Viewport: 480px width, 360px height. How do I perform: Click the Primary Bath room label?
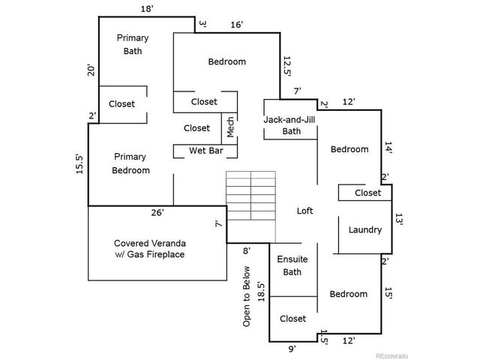point(132,44)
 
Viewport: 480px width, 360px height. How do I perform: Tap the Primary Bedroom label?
point(130,163)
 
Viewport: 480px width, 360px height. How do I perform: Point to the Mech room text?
point(231,127)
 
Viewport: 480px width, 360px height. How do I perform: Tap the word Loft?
point(304,211)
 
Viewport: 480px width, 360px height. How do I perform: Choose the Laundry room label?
point(365,229)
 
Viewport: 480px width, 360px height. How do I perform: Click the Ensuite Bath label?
point(292,265)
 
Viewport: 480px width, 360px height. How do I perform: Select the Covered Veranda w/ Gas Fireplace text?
point(149,249)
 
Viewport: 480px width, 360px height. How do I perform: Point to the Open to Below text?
point(246,295)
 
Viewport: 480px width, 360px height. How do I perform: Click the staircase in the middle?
point(251,196)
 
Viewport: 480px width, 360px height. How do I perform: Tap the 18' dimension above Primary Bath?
point(148,8)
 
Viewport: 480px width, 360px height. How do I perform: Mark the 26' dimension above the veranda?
point(157,213)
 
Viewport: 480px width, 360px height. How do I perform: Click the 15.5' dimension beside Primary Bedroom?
point(79,164)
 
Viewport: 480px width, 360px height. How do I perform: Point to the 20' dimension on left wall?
point(91,70)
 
